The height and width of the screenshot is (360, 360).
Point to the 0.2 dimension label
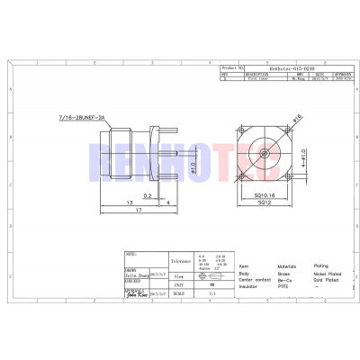point(145,192)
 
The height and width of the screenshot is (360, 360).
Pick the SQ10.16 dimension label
point(264,194)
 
